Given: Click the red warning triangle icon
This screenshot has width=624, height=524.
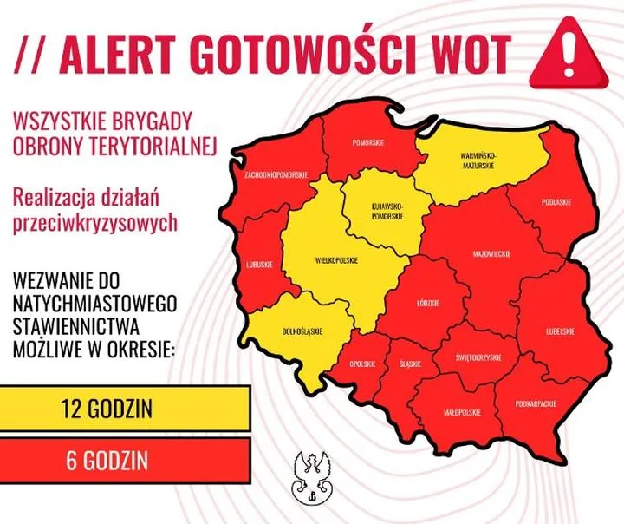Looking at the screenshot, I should (x=569, y=51).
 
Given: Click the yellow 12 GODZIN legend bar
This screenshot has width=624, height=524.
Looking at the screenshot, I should (x=125, y=406).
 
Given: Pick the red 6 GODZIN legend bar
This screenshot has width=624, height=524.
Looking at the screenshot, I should (x=125, y=457).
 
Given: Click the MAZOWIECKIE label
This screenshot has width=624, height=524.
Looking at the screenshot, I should (x=491, y=254).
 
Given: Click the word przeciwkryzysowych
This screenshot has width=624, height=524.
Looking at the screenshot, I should (x=96, y=222).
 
